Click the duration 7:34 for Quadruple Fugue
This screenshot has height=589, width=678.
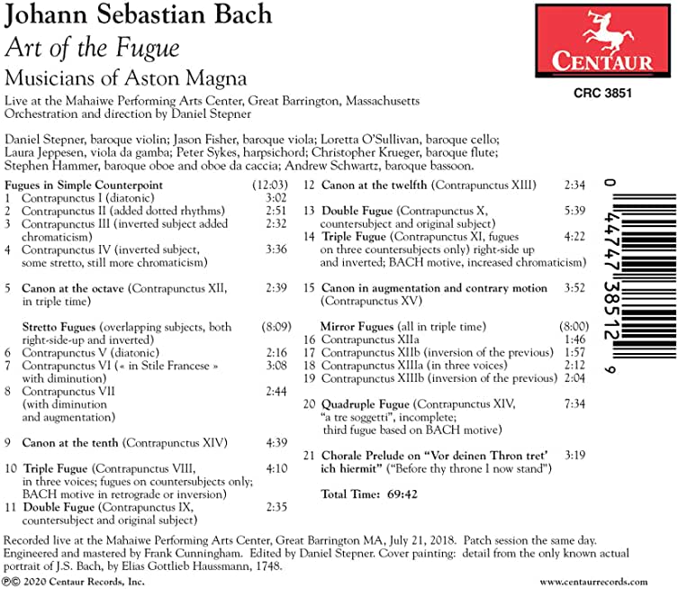[574, 403]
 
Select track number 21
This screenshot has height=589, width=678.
[310, 456]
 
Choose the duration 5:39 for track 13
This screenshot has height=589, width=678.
[574, 211]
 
